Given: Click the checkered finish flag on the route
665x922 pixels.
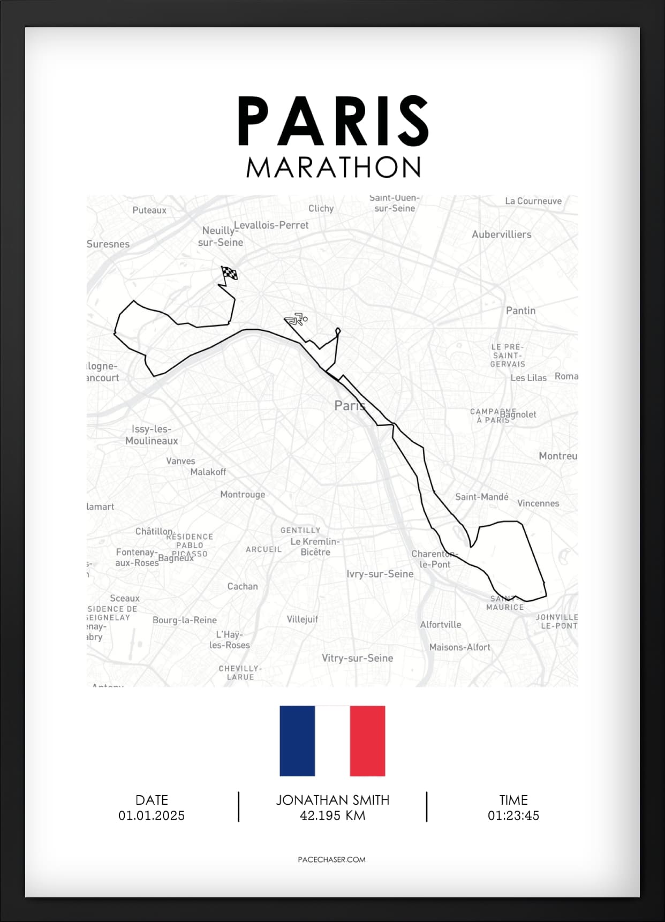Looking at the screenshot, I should (230, 274).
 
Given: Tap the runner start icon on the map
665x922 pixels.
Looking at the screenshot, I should (296, 320).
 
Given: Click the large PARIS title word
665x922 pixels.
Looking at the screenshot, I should (333, 121).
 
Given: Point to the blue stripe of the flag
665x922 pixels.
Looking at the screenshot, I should (297, 740).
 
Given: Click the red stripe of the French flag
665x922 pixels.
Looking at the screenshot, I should (367, 740).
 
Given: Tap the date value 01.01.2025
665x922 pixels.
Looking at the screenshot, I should (152, 815).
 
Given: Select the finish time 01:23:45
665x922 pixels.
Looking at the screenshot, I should (513, 815).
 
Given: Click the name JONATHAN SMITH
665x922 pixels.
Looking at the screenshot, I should (333, 800).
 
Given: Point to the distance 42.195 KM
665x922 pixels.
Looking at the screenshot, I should (333, 815).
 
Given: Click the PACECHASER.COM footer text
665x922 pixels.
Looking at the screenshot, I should (331, 859).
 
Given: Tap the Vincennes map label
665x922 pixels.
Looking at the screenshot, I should (538, 503).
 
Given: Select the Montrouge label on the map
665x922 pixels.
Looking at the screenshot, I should (243, 494).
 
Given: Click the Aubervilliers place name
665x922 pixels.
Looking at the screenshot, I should (501, 235).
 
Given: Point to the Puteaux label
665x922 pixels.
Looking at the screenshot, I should (149, 210).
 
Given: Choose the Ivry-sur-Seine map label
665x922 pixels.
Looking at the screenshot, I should (380, 574).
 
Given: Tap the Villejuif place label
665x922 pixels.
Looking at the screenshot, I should (302, 619).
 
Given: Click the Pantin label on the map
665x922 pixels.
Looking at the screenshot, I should (520, 311).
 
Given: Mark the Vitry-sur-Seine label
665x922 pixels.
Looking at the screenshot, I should (357, 658).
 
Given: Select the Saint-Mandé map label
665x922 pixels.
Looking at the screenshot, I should (481, 497).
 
